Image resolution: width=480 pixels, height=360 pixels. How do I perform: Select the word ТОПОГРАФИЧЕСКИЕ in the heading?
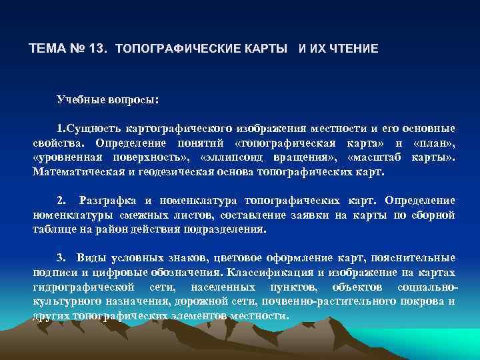tap(168, 49)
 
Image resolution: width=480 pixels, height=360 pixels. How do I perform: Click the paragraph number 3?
tap(61, 257)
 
